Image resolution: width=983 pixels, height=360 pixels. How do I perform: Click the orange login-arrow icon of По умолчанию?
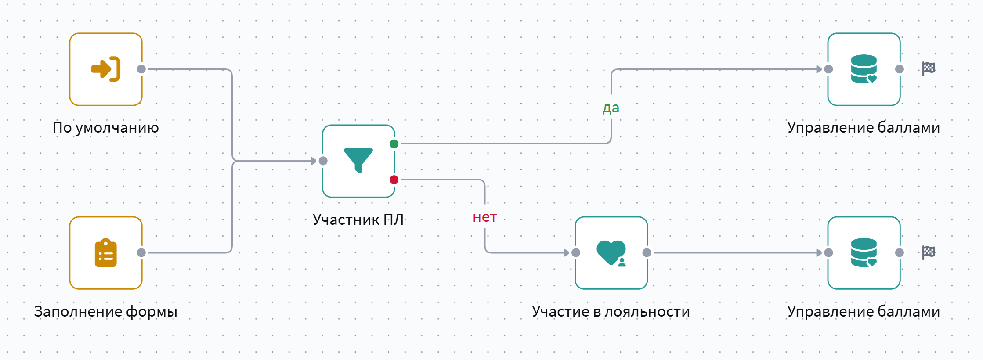(106, 69)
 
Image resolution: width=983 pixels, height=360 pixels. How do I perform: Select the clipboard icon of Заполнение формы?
(106, 253)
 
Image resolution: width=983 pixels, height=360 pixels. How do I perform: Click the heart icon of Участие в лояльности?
(611, 252)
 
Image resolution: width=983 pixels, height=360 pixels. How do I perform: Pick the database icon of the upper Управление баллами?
(864, 69)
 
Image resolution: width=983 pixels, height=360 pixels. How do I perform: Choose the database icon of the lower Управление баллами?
(864, 252)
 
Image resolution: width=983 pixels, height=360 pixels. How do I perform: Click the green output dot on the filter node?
(394, 144)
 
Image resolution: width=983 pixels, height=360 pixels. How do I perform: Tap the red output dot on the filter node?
(394, 180)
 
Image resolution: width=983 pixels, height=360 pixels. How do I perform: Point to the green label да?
(611, 108)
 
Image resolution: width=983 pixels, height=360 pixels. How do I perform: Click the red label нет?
(485, 217)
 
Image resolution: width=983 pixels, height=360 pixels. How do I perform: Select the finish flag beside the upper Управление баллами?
(929, 68)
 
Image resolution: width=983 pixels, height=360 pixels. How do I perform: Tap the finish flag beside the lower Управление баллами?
(929, 252)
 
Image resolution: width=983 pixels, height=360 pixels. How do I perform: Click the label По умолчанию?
(106, 127)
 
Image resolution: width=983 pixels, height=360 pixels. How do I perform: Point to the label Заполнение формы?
(106, 311)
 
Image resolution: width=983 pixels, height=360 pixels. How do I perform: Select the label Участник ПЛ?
(358, 219)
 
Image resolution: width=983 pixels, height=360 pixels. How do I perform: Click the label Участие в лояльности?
(611, 311)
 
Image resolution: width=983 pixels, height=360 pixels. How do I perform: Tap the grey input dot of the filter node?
(323, 161)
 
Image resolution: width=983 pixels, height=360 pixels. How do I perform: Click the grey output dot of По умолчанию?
(141, 69)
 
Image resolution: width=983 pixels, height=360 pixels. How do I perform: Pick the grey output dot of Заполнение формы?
(141, 252)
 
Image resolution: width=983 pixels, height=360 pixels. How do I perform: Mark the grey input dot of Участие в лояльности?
(576, 252)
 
